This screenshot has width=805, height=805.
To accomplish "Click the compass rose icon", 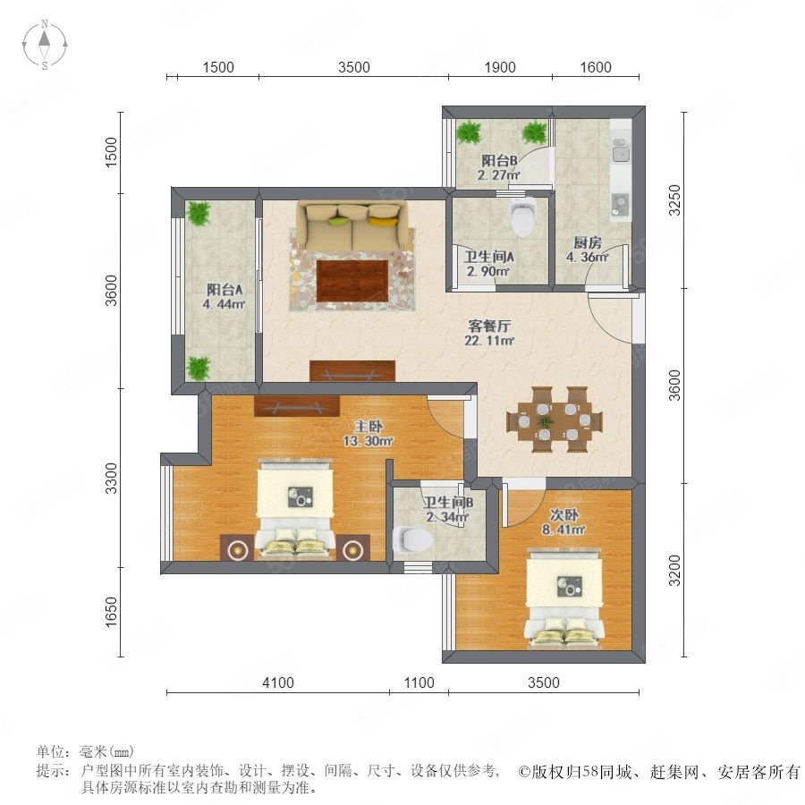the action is pos(45,45).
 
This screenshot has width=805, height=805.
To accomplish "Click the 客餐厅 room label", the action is pos(489,326).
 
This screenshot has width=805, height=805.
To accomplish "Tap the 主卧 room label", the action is pos(369,426).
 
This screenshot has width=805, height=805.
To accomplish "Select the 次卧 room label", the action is pos(563,514).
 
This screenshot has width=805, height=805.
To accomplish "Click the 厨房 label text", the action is pos(588,241).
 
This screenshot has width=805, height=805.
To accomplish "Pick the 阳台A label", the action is pos(225,289).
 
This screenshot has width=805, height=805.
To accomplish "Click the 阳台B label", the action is pos(499,160).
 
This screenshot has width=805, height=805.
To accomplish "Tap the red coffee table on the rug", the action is pos(352,281).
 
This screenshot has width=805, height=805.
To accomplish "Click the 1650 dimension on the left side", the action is pos(111,612).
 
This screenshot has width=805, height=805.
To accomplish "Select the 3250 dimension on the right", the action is pos(674,199).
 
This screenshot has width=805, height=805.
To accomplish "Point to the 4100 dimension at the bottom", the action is pos(278,682).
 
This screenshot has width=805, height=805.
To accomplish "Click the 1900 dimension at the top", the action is pos(500,67).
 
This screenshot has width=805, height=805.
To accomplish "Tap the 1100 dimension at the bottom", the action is pos(419,682).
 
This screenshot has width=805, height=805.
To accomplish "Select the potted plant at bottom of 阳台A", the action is pos(199,369).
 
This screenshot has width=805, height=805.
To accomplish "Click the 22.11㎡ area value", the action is pos(489,340).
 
